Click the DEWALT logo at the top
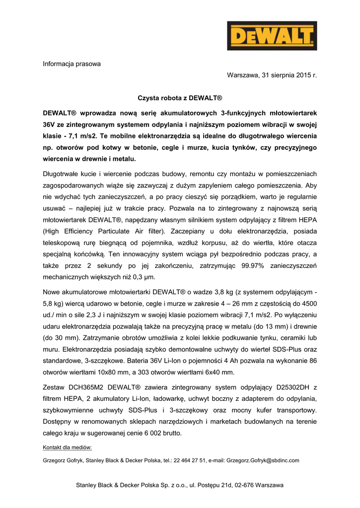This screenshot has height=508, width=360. pyautogui.click(x=272, y=36)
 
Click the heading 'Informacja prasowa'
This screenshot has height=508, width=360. pyautogui.click(x=72, y=63)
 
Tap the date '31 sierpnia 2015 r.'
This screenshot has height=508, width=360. pyautogui.click(x=288, y=75)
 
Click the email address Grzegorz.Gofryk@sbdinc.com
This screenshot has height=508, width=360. pyautogui.click(x=263, y=460)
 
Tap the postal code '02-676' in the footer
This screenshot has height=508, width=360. pyautogui.click(x=243, y=485)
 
